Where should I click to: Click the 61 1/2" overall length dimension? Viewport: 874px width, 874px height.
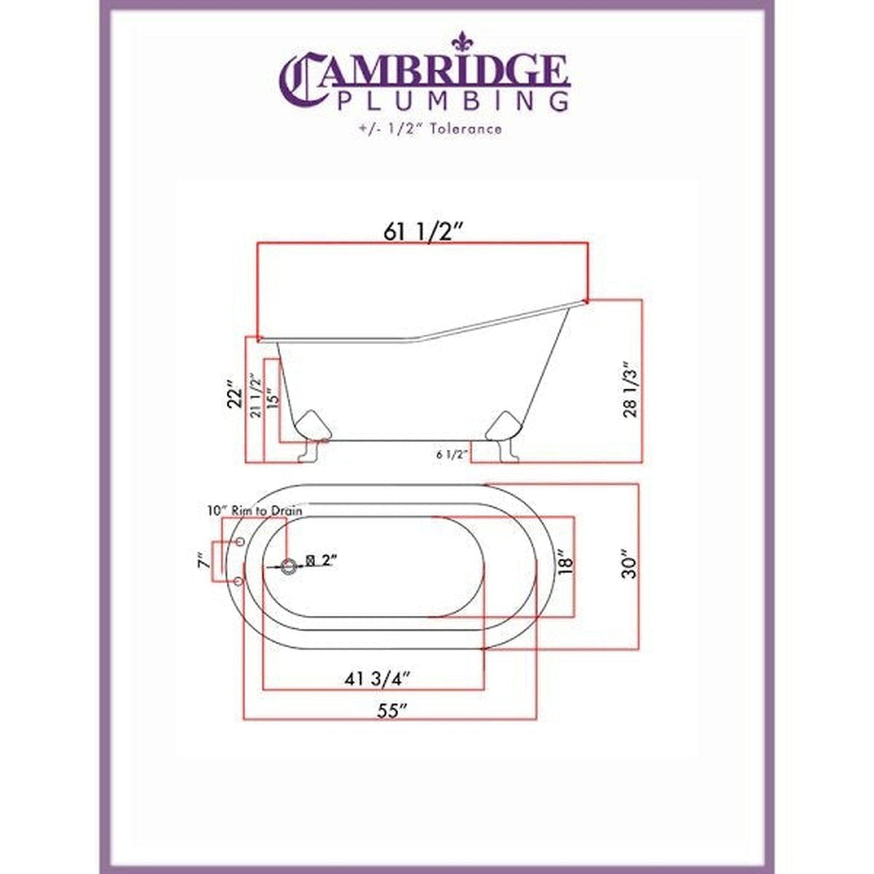tap(423, 232)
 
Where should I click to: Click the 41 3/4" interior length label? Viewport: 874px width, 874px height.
tap(377, 679)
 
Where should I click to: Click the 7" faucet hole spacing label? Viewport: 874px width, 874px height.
tap(204, 562)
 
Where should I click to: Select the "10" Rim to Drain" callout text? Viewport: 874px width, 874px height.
tap(254, 510)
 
